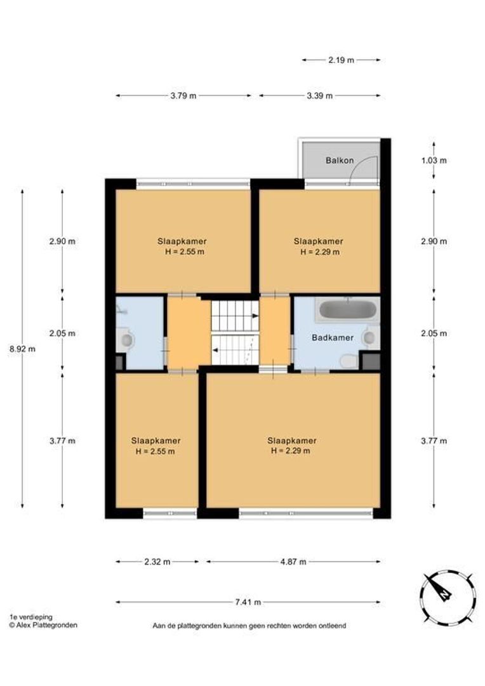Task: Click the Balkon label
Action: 340,161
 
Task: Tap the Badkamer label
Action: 333,338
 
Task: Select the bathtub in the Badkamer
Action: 348,310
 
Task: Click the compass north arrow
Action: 441,589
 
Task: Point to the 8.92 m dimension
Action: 22,349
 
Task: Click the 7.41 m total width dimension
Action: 248,602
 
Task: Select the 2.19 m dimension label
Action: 341,60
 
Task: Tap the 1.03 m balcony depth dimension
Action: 434,161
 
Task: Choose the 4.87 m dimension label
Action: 293,562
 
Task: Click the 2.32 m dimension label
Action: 157,562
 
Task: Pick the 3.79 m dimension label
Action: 183,96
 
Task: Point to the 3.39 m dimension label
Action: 320,96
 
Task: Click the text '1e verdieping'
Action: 31,617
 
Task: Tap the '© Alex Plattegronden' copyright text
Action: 43,625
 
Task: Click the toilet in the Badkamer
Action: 349,361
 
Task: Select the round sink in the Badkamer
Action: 370,337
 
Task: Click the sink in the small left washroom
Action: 126,340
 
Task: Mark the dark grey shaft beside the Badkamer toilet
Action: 371,361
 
